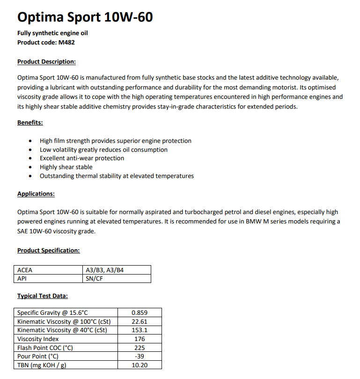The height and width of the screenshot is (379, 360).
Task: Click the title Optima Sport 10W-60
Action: coord(85,17)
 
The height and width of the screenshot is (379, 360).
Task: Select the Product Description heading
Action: coord(46,61)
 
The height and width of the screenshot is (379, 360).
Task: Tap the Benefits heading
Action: coord(30,122)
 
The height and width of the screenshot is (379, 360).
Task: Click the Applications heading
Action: coord(36,193)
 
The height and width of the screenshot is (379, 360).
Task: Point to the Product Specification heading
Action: coord(48,250)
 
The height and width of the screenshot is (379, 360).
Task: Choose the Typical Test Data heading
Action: coord(42,296)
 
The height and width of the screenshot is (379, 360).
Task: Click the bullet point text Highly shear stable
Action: coord(66,167)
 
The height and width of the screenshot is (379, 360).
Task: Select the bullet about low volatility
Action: coord(103,149)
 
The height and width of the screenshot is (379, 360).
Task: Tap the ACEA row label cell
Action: coord(25,270)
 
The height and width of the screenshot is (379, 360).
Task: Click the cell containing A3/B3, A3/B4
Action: coord(104,270)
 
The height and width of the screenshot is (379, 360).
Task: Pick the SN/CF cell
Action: coord(94,279)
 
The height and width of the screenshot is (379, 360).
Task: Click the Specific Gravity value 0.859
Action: coord(140,312)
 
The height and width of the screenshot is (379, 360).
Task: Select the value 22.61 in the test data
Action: coord(140,321)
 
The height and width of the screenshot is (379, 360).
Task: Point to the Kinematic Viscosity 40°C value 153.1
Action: coord(140,330)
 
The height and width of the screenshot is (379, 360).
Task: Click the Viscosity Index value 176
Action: coord(140,339)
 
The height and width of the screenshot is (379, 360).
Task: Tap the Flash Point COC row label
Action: coord(45,348)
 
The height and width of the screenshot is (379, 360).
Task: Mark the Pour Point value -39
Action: coord(140,356)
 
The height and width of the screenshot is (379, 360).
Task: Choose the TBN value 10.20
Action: coord(140,365)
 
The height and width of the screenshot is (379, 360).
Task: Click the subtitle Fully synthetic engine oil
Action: coord(52,33)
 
